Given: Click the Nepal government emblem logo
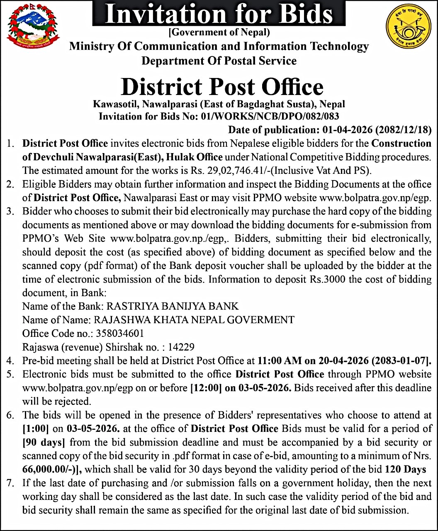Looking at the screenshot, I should pyautogui.click(x=33, y=27).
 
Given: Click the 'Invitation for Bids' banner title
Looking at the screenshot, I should pyautogui.click(x=219, y=14).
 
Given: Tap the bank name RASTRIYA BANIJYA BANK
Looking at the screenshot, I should pyautogui.click(x=173, y=307).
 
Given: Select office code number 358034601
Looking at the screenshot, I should pyautogui.click(x=120, y=334).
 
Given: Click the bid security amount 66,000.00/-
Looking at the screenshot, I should pyautogui.click(x=50, y=469).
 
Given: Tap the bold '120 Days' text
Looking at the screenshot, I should pyautogui.click(x=406, y=469).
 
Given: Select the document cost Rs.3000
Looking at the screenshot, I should pyautogui.click(x=328, y=279).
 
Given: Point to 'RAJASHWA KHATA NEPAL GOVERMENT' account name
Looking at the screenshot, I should pyautogui.click(x=194, y=320).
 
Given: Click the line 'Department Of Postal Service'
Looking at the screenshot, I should pyautogui.click(x=219, y=61).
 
